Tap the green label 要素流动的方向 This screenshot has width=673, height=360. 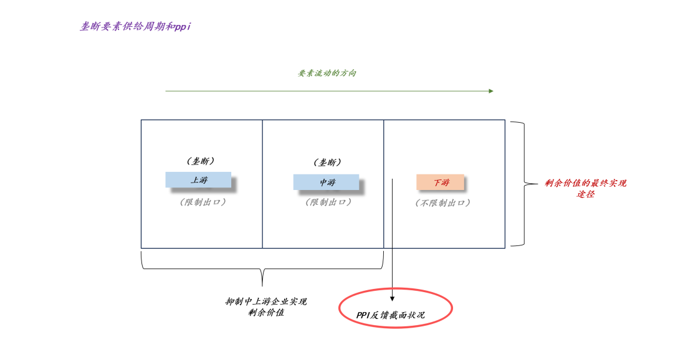[x=327, y=73]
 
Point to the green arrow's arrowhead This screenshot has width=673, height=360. [x=491, y=91]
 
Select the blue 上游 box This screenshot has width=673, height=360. [x=198, y=180]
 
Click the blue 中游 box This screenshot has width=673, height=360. [x=326, y=182]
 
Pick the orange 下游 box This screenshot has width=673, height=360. [x=440, y=182]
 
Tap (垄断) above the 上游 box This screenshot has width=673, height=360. [x=201, y=161]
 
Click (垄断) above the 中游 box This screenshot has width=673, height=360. [x=327, y=163]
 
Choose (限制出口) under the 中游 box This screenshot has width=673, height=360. [x=328, y=202]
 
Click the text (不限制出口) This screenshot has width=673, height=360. [x=442, y=202]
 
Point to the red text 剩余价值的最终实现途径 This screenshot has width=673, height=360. [x=585, y=188]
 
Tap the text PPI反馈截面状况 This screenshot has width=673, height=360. [x=391, y=315]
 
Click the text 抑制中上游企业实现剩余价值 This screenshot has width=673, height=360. [x=266, y=306]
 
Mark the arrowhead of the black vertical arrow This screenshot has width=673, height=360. [x=392, y=299]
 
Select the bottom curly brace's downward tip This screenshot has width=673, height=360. [x=262, y=283]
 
